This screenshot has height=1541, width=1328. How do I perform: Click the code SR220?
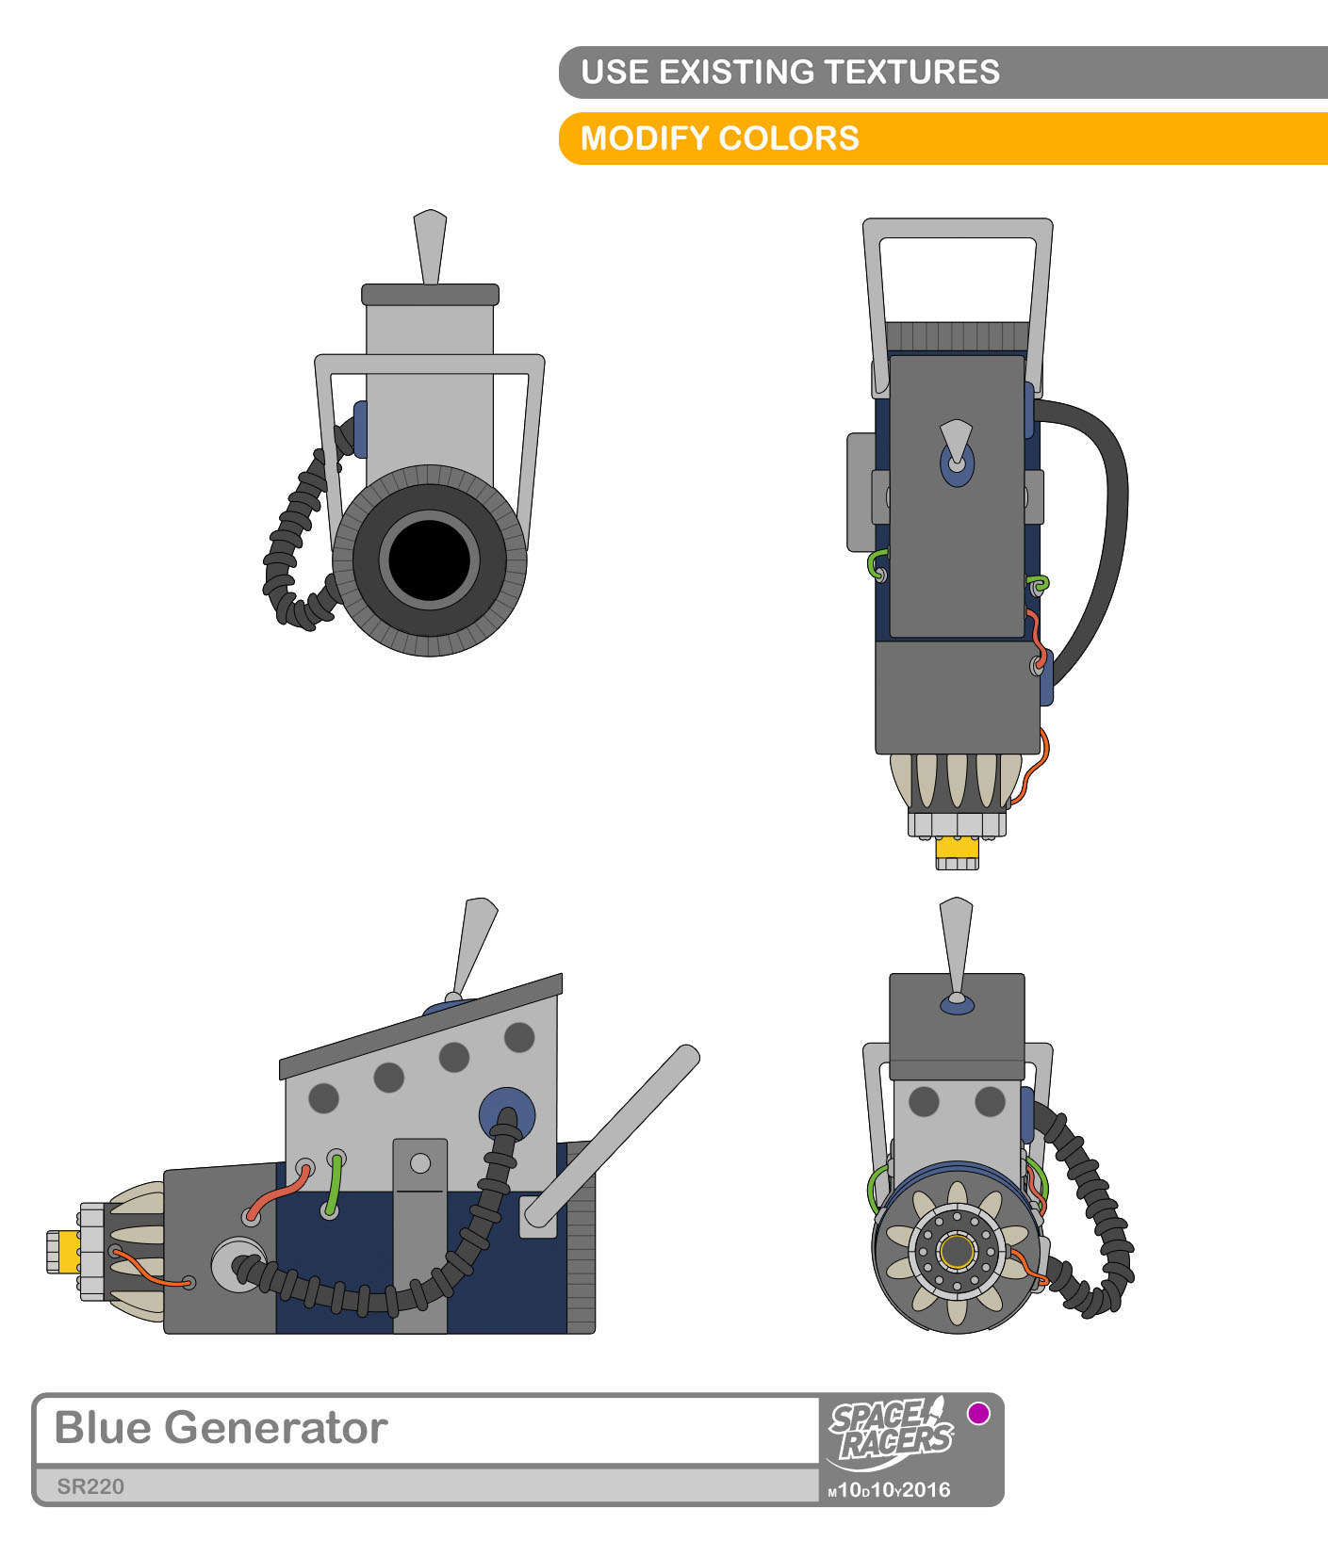coord(90,1486)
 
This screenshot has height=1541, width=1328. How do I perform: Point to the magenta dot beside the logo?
coord(979,1413)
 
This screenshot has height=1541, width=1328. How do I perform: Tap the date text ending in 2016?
coord(890,1489)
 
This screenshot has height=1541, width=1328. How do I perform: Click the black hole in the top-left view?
coord(430,560)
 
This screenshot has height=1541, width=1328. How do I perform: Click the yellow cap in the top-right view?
coord(958,848)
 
